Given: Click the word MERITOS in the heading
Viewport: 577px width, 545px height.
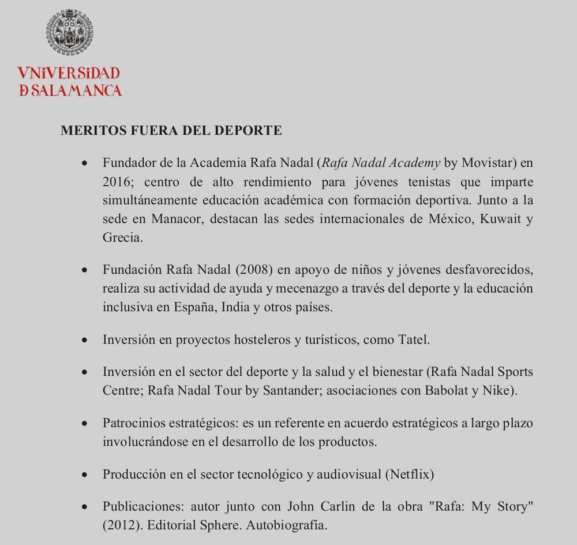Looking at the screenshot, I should (x=88, y=130).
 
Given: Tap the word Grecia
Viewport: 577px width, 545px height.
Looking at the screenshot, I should (x=121, y=237).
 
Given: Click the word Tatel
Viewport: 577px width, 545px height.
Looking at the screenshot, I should (x=414, y=339).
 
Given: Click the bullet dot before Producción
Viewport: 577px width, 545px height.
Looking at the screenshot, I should (x=85, y=475).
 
